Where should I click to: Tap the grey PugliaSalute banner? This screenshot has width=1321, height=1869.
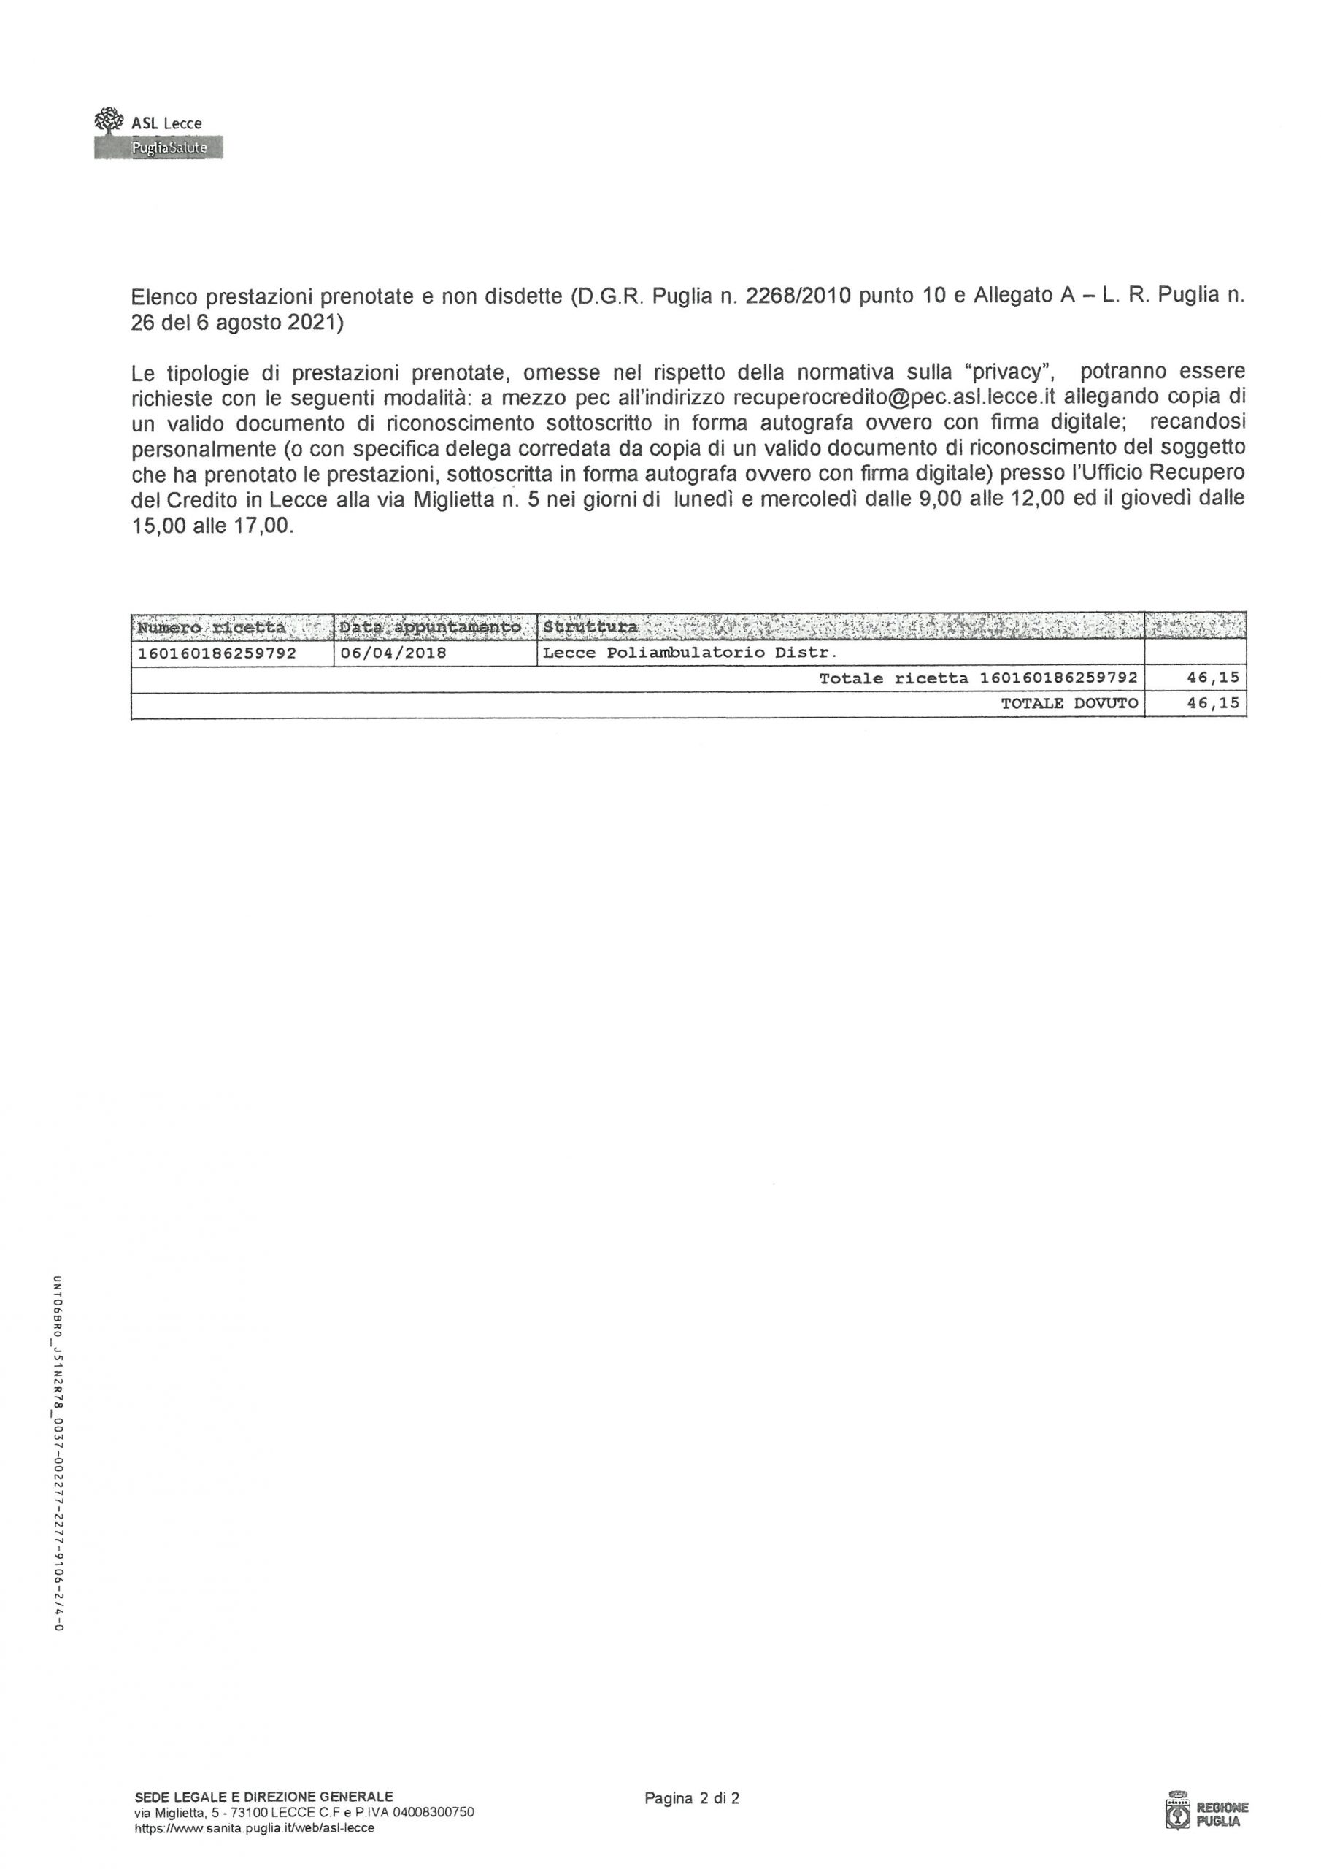click(x=158, y=148)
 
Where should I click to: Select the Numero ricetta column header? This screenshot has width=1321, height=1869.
click(x=212, y=628)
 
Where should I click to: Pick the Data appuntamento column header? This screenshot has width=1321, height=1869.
click(x=430, y=628)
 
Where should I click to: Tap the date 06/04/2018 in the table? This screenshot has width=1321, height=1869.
click(x=393, y=653)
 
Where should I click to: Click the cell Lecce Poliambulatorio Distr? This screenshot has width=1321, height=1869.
click(x=690, y=653)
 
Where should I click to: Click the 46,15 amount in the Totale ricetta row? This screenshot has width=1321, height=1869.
click(x=1213, y=679)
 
